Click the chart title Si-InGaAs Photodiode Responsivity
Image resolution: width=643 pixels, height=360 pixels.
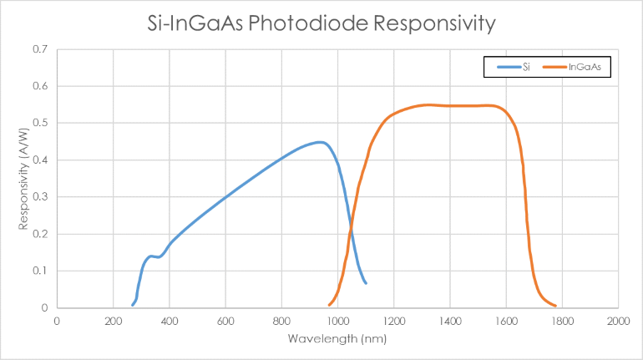point(321,23)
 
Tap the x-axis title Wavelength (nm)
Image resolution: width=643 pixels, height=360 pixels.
point(337,339)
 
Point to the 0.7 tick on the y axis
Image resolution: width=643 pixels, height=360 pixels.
point(41,49)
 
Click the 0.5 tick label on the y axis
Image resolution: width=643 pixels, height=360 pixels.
point(41,123)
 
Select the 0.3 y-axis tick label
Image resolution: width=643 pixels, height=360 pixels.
point(41,197)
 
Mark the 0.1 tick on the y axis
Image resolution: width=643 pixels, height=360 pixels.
point(41,271)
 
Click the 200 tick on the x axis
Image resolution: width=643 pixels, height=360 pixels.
point(113,321)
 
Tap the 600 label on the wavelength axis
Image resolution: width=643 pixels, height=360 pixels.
point(225,321)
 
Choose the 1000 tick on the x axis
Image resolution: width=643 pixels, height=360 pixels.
point(337,321)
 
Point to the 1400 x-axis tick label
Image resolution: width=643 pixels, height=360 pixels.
point(450,321)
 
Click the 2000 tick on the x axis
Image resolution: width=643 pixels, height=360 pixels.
point(618,321)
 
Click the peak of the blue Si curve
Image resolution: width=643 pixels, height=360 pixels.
point(320,142)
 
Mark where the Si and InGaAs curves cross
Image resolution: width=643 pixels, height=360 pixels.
point(351,221)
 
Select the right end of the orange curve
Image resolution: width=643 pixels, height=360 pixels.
point(555,306)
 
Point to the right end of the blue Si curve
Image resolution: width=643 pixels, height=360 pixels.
point(366,283)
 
